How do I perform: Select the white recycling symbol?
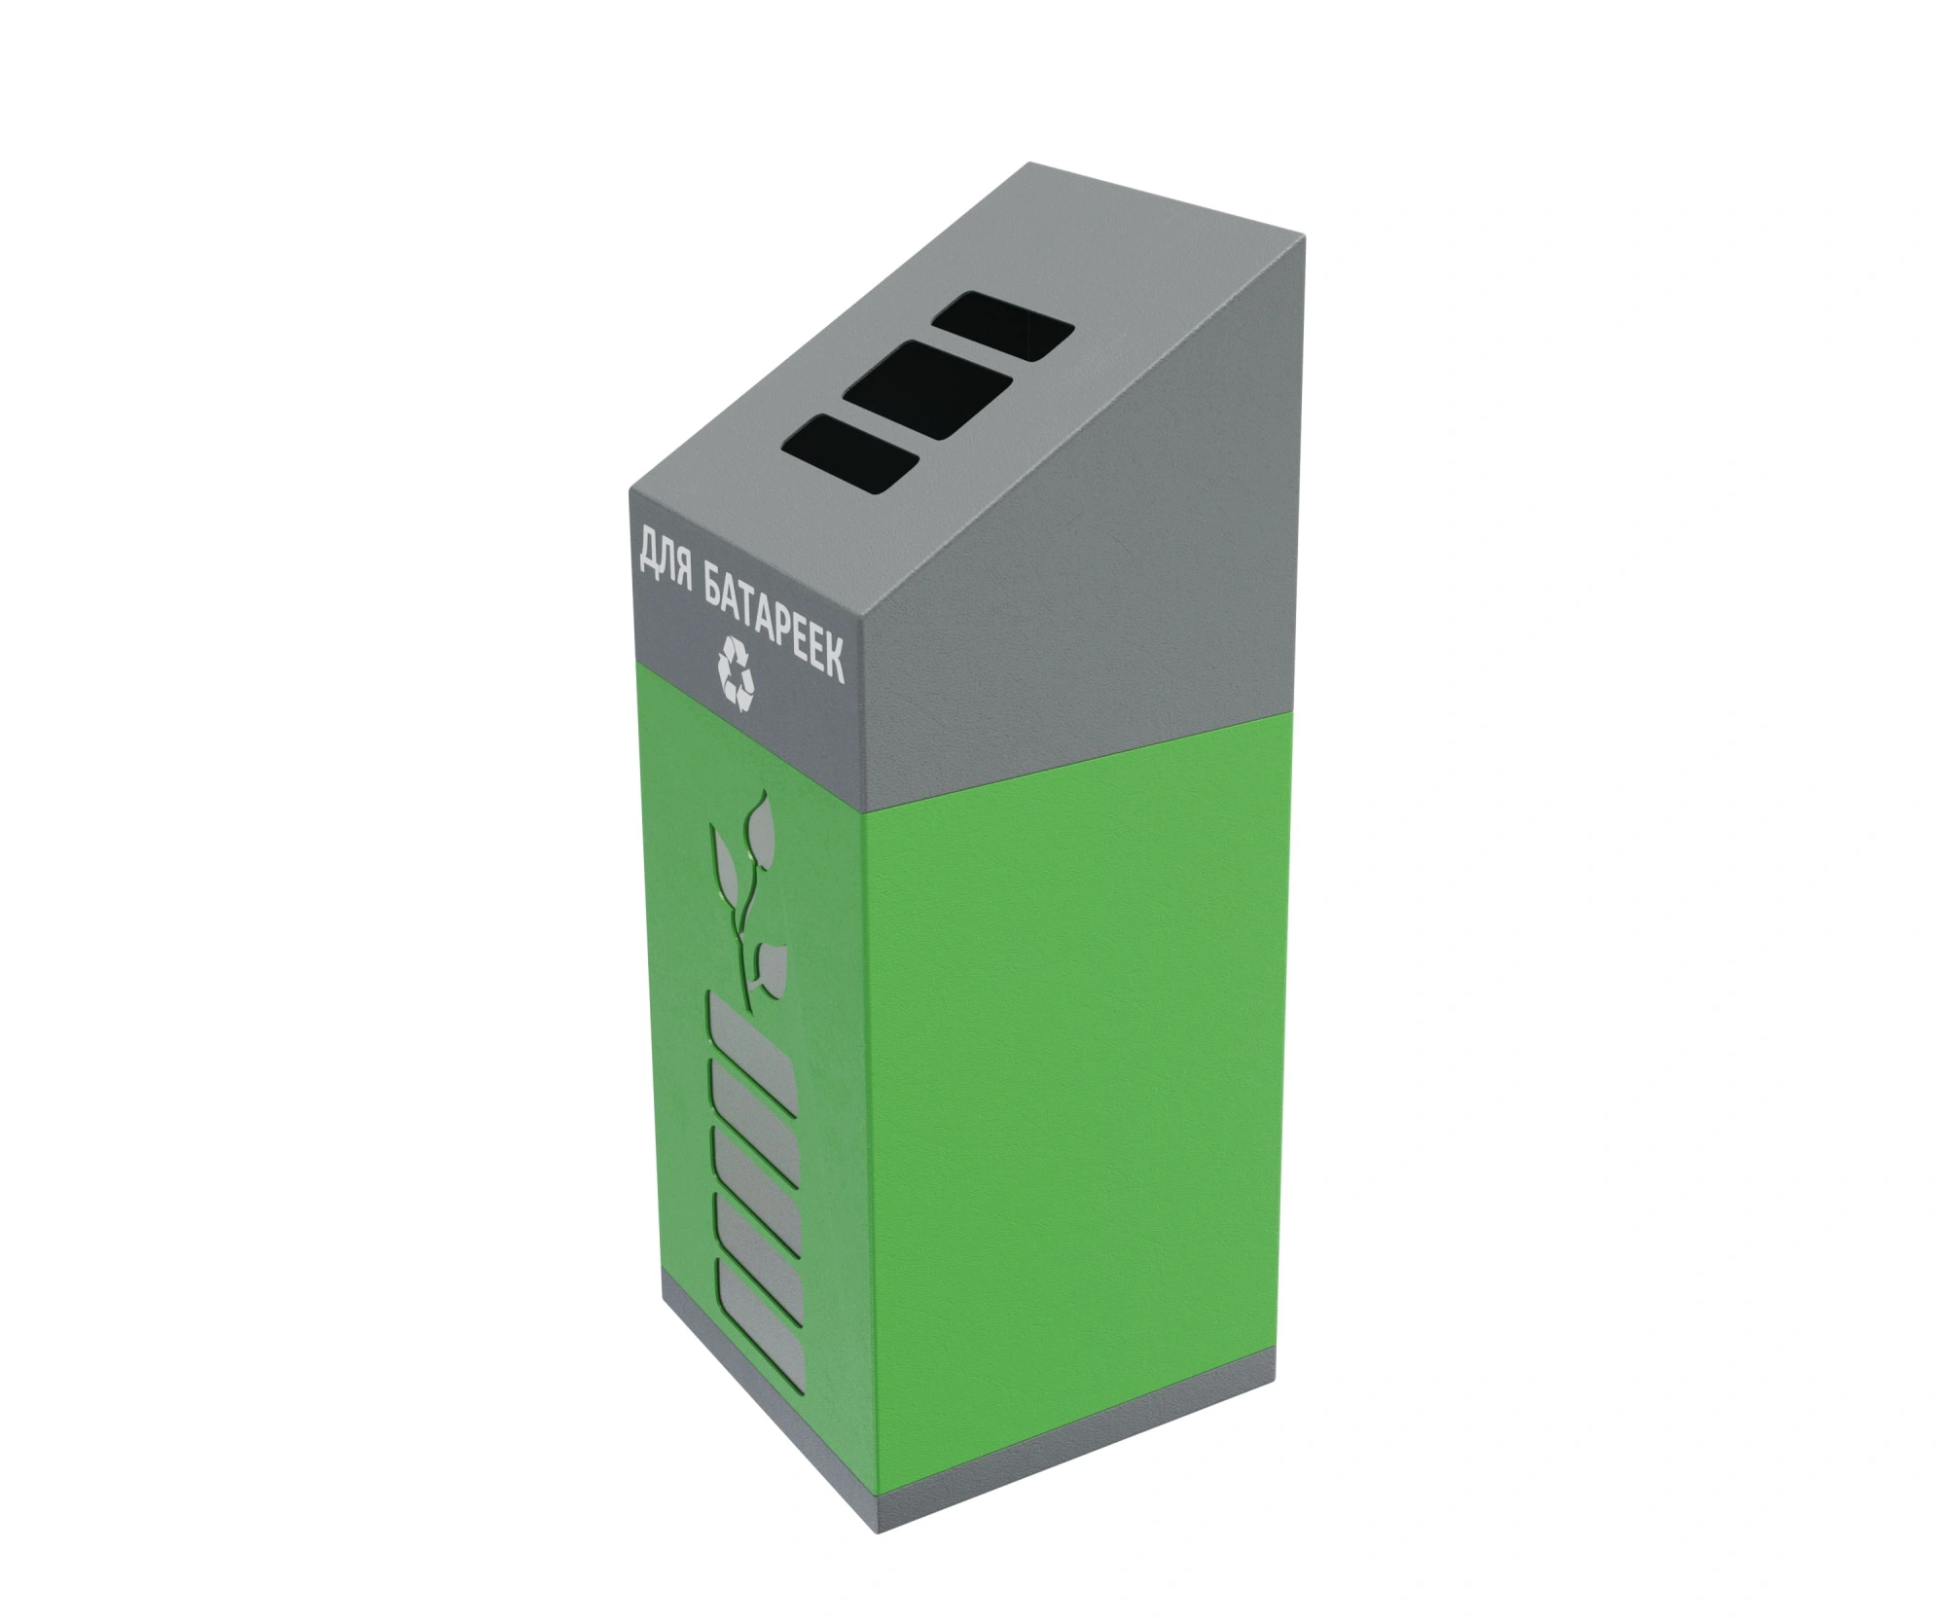(x=736, y=671)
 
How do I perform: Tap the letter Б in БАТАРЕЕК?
(x=713, y=583)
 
